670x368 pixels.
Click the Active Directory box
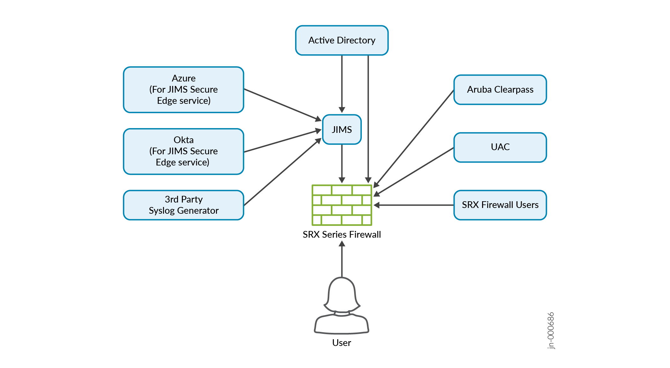tap(342, 41)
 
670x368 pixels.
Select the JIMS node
tap(342, 129)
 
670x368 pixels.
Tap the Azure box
tap(183, 89)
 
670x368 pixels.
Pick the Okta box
tap(183, 151)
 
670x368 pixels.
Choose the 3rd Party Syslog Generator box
tap(183, 205)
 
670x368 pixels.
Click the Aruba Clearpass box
tap(500, 90)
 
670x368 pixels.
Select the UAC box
tap(500, 147)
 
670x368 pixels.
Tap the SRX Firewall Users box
tap(500, 205)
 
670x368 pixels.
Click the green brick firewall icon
tap(342, 205)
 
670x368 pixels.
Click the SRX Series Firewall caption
tap(342, 234)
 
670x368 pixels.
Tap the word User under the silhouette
tap(341, 343)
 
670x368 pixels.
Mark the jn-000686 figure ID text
tap(551, 330)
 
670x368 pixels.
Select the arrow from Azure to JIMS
tap(282, 104)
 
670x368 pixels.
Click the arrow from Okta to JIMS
tap(282, 141)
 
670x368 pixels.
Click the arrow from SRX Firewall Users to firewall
tap(414, 205)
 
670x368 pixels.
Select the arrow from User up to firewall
tap(342, 259)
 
